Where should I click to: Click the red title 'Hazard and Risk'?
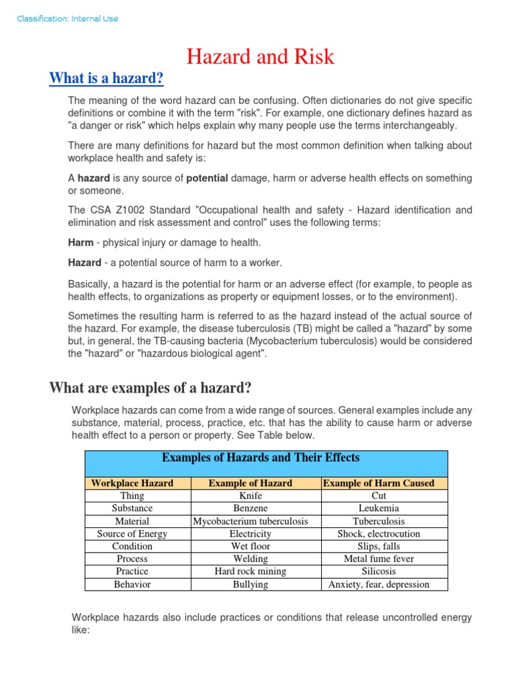[x=260, y=57]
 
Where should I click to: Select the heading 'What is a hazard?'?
[x=106, y=79]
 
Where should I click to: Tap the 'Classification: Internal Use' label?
[x=68, y=19]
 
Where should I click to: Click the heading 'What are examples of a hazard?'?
[x=151, y=387]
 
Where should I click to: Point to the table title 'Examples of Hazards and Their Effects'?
[x=261, y=458]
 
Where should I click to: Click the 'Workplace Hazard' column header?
[x=132, y=483]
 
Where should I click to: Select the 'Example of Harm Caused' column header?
[x=378, y=483]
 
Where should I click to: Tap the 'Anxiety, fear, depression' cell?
[x=379, y=584]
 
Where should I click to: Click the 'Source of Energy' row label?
[x=132, y=534]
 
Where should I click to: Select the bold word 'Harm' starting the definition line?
[x=81, y=242]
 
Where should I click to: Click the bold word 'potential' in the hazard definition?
[x=207, y=178]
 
